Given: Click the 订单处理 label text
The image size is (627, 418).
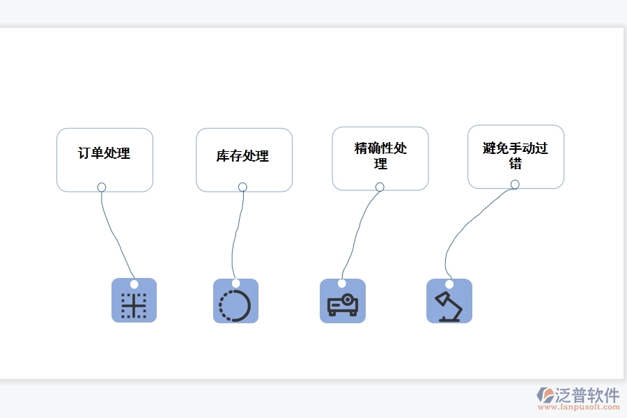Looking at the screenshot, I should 104,153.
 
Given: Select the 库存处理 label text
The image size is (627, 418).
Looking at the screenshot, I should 242,156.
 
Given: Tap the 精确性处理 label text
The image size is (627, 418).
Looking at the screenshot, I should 380,156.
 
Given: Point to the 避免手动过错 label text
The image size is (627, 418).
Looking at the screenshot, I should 515,156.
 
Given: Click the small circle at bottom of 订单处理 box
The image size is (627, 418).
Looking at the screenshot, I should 102,187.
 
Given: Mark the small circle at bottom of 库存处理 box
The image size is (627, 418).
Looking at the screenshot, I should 242,187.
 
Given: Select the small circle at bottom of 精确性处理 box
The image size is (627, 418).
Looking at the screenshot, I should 380,187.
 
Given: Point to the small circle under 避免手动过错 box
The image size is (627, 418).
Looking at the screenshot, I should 515,185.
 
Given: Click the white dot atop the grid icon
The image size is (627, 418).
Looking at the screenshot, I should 134,284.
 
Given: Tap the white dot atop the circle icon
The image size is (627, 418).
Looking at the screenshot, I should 235,284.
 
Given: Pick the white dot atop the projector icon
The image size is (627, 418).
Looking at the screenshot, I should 342,284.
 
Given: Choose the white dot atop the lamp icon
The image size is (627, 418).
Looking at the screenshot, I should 449,284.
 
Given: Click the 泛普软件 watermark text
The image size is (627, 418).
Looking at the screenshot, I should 587,396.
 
